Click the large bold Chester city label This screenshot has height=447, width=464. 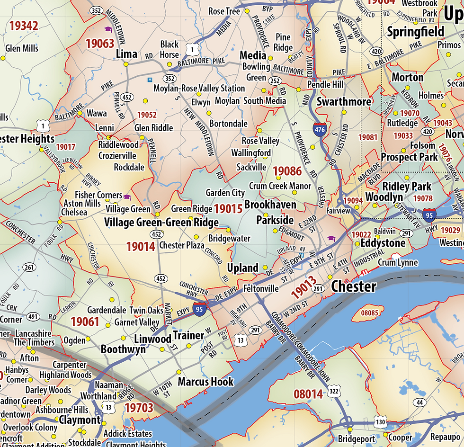coord(354,286)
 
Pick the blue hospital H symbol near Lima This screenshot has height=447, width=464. coord(150,80)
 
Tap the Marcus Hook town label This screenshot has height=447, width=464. coord(205,382)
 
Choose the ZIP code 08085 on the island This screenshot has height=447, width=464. coord(370,313)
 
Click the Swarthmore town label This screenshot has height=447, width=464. coord(344,102)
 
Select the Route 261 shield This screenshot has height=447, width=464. coord(29,268)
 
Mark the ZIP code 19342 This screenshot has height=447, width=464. coord(23,26)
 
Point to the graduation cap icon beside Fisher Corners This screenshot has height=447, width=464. coord(127,197)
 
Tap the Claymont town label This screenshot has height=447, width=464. coord(80,420)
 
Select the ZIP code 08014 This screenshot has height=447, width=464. coord(308,394)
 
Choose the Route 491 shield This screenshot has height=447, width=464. coord(33,316)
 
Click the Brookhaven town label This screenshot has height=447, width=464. coord(270,205)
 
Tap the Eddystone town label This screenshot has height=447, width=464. coord(383,243)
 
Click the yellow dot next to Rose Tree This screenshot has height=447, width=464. coord(247,11)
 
